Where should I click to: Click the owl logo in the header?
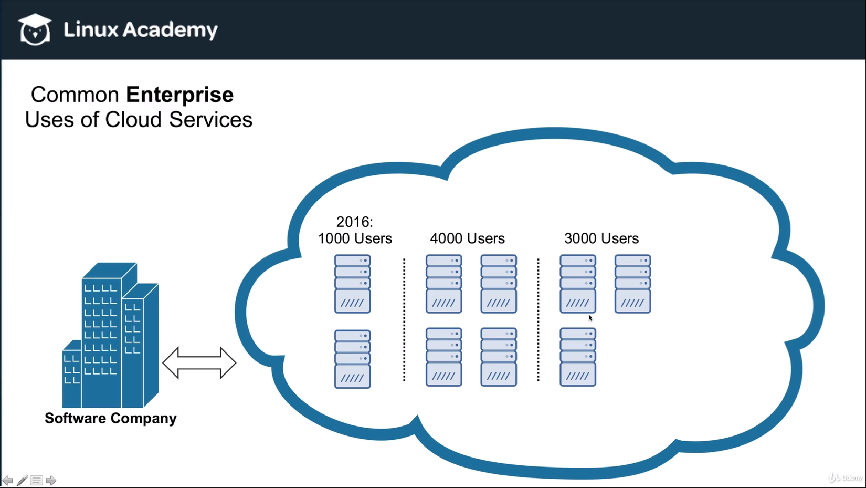[x=35, y=29]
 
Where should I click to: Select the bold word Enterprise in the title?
[x=179, y=95]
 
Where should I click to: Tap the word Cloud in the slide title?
[x=133, y=120]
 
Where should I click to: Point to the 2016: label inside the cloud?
[x=354, y=222]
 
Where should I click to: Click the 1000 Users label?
[x=355, y=238]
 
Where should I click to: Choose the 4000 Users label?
[x=467, y=238]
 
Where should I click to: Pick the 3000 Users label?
[x=601, y=238]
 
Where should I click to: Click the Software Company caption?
[x=110, y=418]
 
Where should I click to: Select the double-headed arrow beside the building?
[x=199, y=362]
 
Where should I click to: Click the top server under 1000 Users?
[x=352, y=284]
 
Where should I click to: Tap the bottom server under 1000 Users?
[x=352, y=359]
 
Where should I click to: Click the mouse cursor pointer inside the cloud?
[x=590, y=317]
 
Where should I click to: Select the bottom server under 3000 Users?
[x=577, y=357]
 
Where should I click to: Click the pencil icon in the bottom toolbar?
[x=22, y=480]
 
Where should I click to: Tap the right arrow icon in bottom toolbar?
[x=51, y=480]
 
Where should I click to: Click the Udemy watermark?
[x=846, y=477]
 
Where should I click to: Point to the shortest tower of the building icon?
[x=71, y=374]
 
